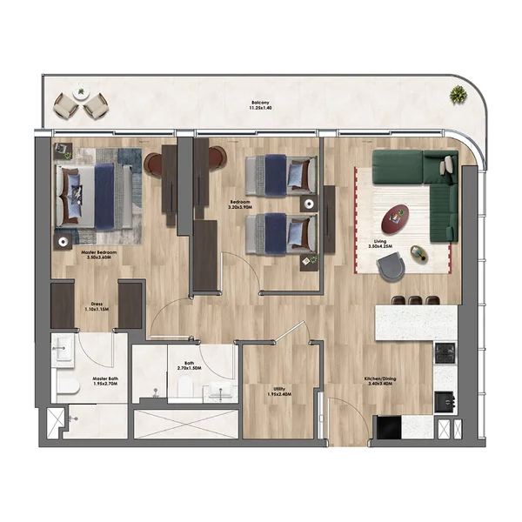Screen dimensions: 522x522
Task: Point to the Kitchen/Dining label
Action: [x=381, y=378]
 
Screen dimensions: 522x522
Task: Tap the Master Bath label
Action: [x=107, y=379]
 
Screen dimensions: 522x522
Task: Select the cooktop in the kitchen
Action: [x=445, y=351]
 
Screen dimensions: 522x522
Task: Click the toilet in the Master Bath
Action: [x=62, y=385]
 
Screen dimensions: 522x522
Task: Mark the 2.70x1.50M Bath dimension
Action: [x=189, y=369]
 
